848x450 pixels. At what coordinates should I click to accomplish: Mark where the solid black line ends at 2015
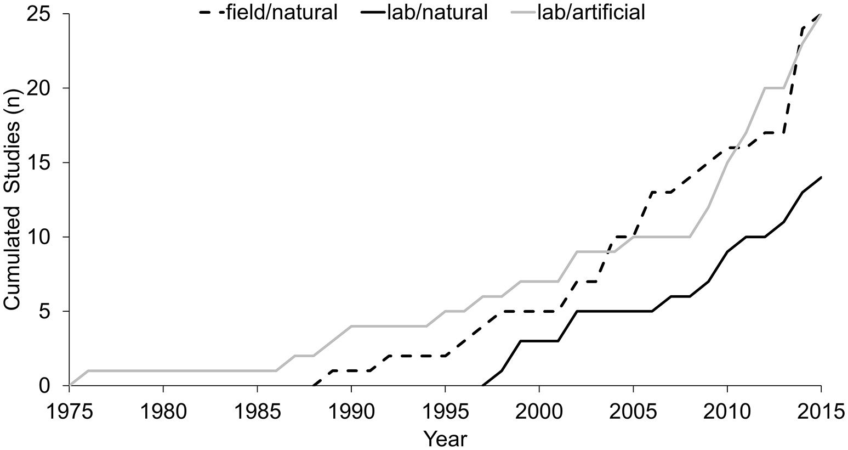coord(821,177)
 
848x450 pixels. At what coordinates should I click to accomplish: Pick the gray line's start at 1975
coord(70,385)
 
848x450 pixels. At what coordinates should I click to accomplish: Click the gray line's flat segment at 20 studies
coord(774,88)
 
